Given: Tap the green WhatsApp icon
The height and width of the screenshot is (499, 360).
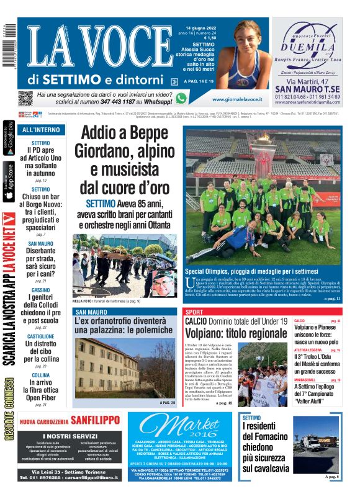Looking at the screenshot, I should (x=181, y=98).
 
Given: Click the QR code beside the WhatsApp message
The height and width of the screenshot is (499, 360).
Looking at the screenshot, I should (x=25, y=98).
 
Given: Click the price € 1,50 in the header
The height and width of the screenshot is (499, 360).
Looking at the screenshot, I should (x=210, y=38).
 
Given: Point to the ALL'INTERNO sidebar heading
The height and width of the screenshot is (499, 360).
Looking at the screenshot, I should (x=41, y=130).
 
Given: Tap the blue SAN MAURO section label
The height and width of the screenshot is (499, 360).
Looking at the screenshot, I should (x=91, y=311).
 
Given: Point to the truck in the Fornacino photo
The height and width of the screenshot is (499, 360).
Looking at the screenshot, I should (x=316, y=443).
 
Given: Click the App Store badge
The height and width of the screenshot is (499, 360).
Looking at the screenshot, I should (x=9, y=181).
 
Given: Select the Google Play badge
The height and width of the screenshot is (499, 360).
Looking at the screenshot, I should (x=9, y=139).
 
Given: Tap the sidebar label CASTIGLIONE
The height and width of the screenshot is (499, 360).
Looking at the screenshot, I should (x=40, y=336).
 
